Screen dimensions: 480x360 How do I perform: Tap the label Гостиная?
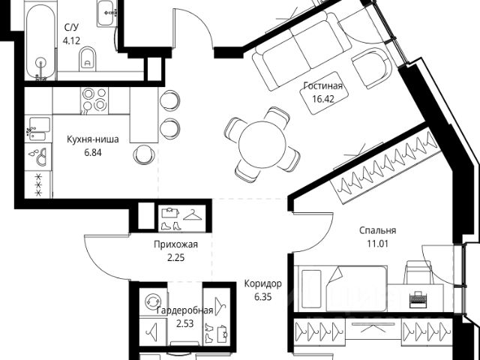(322, 86)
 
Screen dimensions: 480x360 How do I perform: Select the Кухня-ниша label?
(92, 139)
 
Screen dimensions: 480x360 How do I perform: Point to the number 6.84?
(92, 151)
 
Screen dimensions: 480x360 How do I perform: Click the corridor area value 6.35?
(262, 297)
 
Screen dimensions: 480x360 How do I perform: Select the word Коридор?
(262, 284)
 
